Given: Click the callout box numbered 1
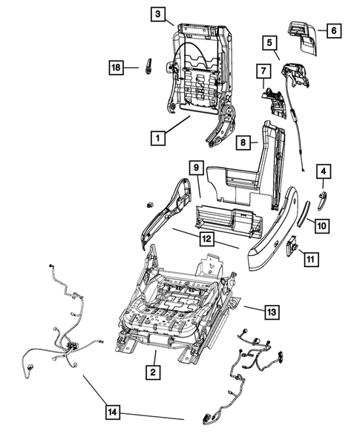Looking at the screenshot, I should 157,137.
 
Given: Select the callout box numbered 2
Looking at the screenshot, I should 152,372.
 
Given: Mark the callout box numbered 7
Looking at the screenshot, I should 262,72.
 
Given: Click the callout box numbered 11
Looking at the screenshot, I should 310,259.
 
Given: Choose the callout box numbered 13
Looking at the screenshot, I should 272,312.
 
